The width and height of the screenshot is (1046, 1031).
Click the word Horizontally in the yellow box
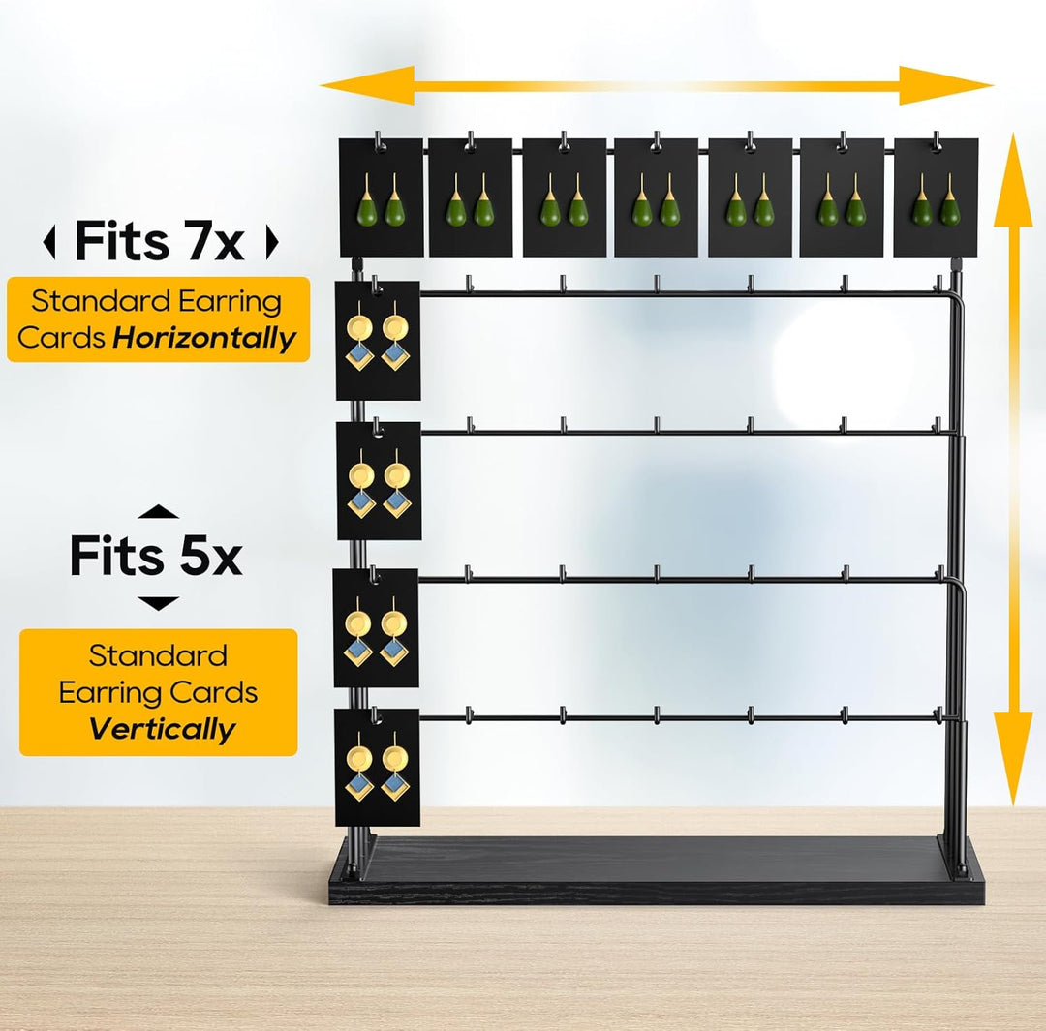204,338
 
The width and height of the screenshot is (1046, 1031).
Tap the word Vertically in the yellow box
162,728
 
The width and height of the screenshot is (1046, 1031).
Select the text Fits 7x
160,241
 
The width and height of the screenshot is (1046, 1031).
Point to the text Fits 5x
156,555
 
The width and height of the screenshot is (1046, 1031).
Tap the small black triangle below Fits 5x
158,603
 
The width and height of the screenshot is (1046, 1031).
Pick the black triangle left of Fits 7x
48,241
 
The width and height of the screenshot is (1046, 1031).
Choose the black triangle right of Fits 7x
271,241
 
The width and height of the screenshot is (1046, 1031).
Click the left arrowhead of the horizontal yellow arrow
367,85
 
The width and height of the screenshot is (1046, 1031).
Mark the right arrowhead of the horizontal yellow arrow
946,85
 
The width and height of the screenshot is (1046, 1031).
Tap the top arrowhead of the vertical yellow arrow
1013,180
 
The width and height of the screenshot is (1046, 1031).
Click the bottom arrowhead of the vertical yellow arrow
1013,759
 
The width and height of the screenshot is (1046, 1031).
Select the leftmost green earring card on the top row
381,197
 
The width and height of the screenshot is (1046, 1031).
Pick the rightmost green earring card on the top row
936,197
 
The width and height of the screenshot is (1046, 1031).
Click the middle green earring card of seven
656,197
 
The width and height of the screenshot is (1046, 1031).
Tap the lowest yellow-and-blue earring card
377,767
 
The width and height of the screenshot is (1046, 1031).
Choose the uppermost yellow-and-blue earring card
378,341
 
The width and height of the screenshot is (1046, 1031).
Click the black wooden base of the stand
656,870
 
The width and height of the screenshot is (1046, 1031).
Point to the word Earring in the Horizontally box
231,302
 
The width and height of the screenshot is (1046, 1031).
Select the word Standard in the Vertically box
158,655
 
